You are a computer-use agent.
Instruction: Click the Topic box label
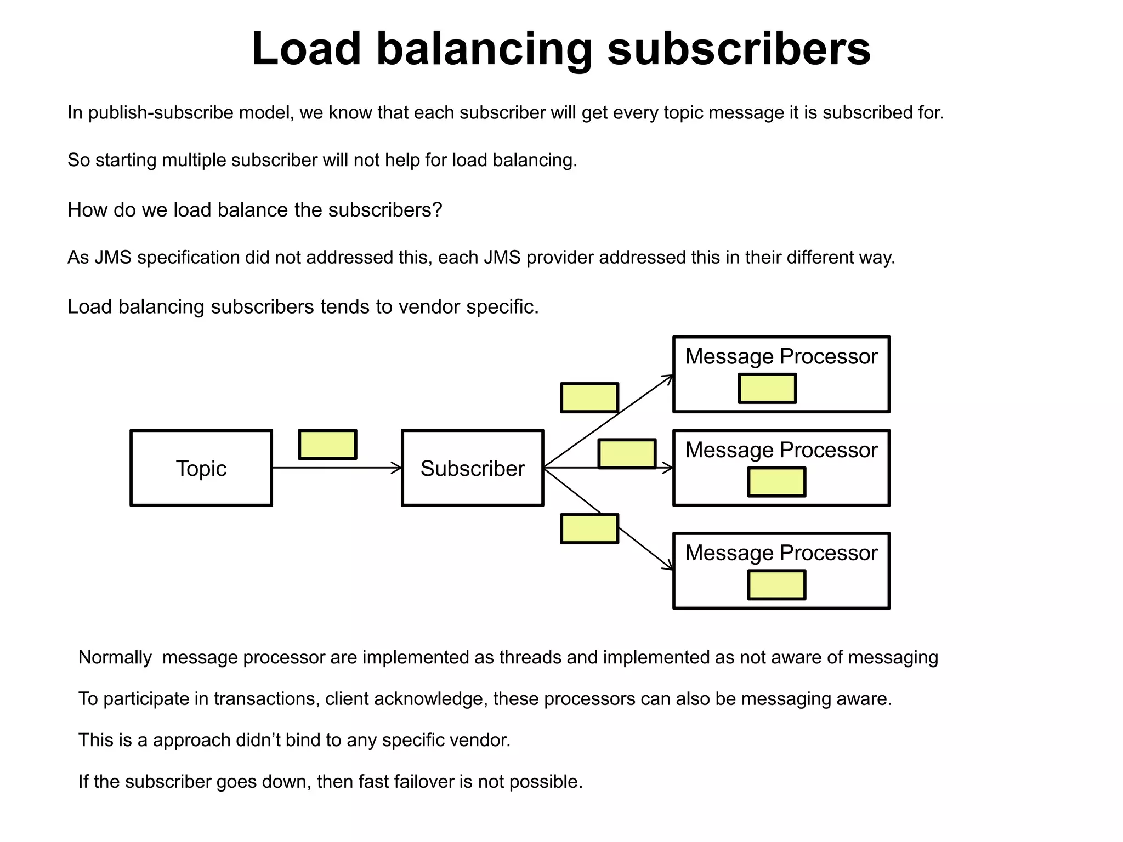(201, 469)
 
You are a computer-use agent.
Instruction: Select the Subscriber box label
(472, 469)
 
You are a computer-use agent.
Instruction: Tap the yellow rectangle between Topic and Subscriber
(327, 444)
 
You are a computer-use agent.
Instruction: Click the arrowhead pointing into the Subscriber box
(397, 468)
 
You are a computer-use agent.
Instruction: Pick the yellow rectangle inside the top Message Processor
(767, 388)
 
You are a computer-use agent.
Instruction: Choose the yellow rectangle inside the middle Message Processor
(776, 482)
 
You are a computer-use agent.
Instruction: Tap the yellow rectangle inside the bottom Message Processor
(776, 584)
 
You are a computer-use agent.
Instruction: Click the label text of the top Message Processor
(781, 356)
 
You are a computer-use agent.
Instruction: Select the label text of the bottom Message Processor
(781, 553)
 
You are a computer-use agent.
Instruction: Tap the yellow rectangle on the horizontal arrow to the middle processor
(627, 454)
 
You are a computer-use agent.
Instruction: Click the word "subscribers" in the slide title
(739, 49)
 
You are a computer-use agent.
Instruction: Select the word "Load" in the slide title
(306, 49)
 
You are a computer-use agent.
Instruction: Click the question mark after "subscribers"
(437, 210)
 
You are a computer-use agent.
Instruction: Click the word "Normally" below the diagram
(115, 657)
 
